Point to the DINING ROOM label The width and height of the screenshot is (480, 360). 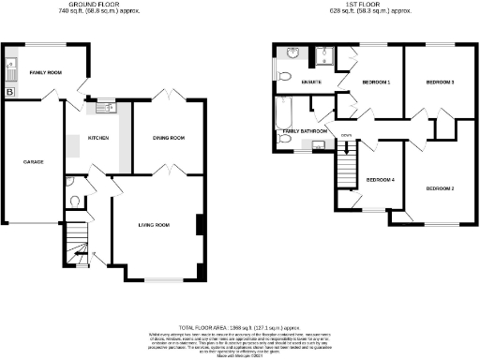[169, 138]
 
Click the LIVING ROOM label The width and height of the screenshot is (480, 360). [154, 225]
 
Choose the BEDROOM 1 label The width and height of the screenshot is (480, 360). [376, 82]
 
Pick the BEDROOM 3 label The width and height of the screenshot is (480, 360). [440, 82]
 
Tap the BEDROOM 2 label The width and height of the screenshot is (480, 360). [440, 188]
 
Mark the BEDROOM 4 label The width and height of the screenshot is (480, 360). [380, 179]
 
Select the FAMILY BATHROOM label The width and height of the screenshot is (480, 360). [306, 131]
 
